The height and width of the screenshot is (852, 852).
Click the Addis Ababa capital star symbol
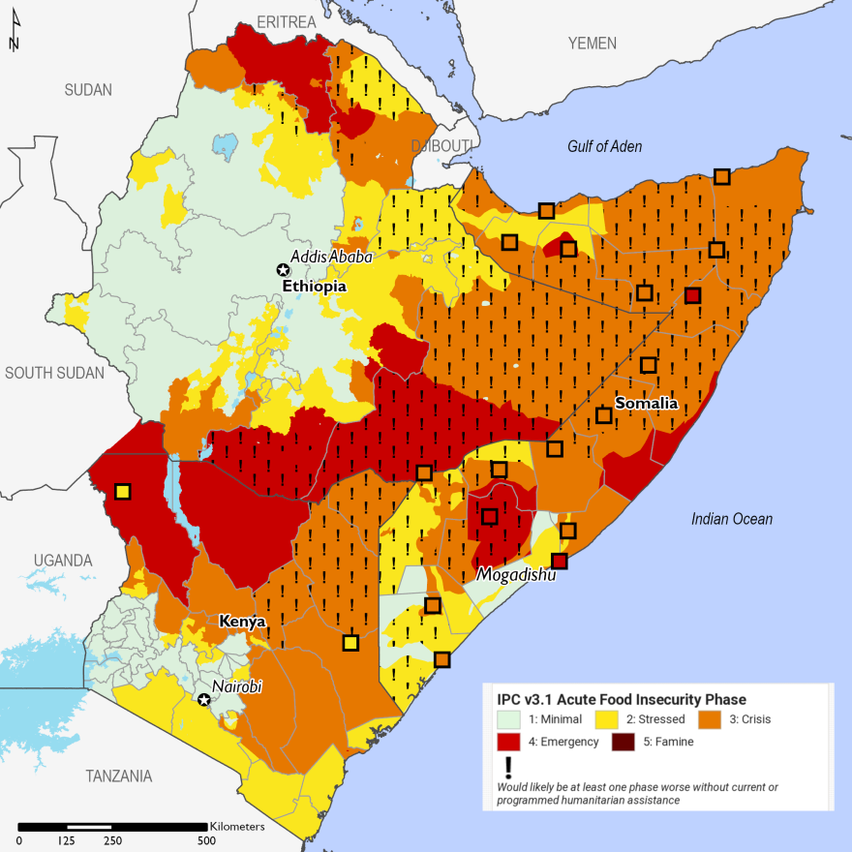pyautogui.click(x=282, y=269)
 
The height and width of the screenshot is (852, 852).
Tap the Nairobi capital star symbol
pyautogui.click(x=204, y=699)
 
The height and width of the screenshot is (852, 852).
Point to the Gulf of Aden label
pyautogui.click(x=604, y=146)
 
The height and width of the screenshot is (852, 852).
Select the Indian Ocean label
pyautogui.click(x=732, y=519)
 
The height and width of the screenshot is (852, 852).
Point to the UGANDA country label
pyautogui.click(x=61, y=561)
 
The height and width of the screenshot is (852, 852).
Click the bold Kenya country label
pyautogui.click(x=243, y=621)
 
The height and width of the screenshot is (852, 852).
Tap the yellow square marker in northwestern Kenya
pyautogui.click(x=122, y=492)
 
